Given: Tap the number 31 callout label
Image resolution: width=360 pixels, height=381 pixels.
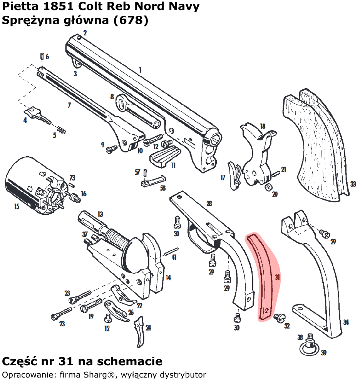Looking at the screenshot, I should [278, 277].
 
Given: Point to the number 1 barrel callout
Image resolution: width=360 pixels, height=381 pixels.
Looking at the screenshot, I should [140, 70].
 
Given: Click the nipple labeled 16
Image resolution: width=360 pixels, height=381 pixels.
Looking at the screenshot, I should [76, 198].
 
